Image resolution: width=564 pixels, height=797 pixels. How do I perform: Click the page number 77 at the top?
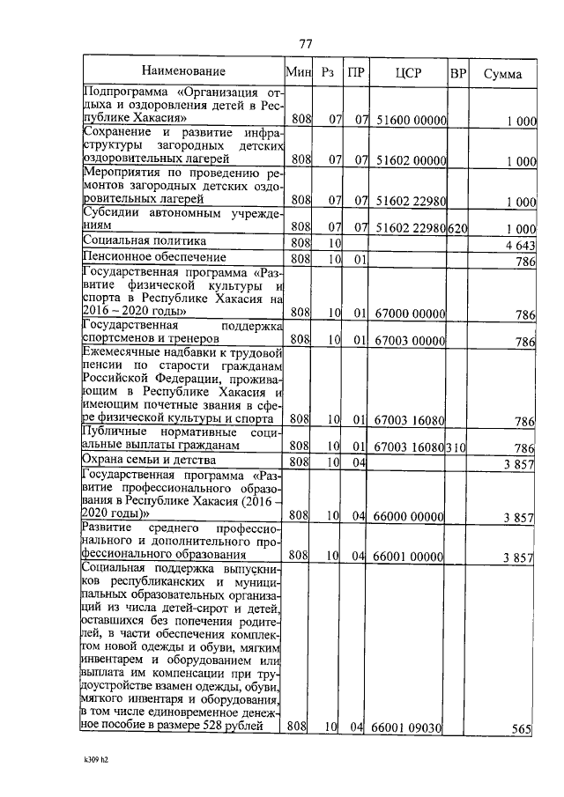[x=307, y=44]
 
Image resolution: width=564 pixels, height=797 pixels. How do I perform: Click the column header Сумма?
[x=503, y=73]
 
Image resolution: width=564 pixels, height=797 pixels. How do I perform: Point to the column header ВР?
[x=457, y=72]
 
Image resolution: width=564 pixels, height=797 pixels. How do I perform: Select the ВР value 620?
[x=456, y=227]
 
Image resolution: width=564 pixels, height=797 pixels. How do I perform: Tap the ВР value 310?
[x=456, y=446]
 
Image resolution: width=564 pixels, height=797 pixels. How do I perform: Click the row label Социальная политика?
[x=145, y=240]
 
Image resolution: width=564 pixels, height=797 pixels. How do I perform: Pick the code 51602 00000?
[x=410, y=159]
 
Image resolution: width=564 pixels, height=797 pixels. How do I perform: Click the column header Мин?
[x=299, y=72]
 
